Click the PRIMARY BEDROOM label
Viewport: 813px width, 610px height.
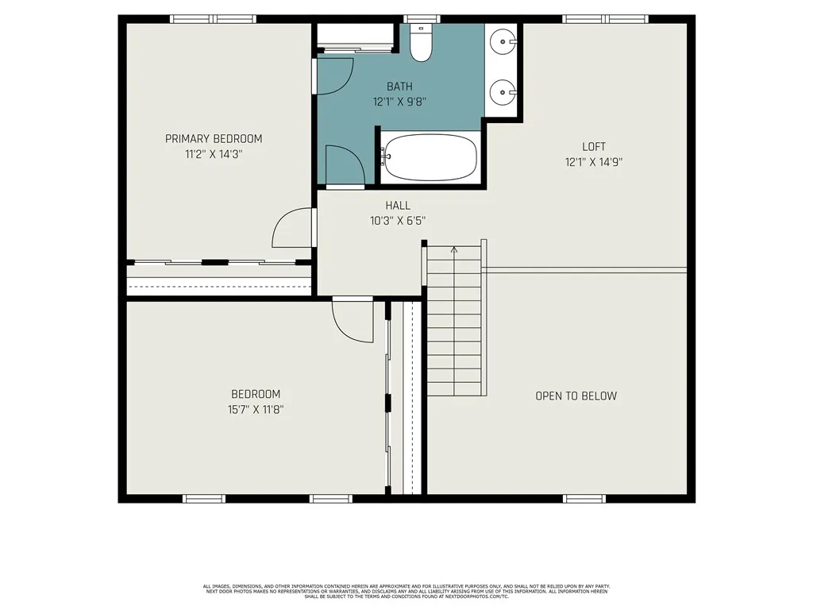pyautogui.click(x=213, y=139)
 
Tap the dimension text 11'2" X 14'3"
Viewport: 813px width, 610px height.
pyautogui.click(x=213, y=155)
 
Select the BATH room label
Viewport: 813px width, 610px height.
pyautogui.click(x=399, y=87)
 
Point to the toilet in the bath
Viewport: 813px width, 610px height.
pyautogui.click(x=421, y=44)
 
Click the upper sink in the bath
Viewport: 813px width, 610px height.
pyautogui.click(x=503, y=39)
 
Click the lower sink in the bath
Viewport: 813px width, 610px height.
pyautogui.click(x=503, y=92)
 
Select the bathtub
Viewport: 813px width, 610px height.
pyautogui.click(x=430, y=157)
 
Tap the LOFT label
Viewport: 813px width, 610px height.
pyautogui.click(x=594, y=147)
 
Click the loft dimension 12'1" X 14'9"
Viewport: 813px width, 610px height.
pyautogui.click(x=594, y=162)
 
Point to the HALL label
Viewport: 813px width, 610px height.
pyautogui.click(x=398, y=206)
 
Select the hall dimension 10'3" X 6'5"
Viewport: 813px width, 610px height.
pyautogui.click(x=398, y=221)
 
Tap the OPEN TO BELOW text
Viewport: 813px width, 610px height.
pyautogui.click(x=576, y=396)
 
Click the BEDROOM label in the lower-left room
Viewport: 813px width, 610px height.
pyautogui.click(x=256, y=395)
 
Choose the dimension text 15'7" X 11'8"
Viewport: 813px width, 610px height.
pyautogui.click(x=256, y=410)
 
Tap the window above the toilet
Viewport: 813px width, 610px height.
pyautogui.click(x=422, y=19)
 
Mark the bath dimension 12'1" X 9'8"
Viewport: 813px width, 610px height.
pyautogui.click(x=399, y=102)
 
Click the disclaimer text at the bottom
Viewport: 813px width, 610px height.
pyautogui.click(x=406, y=591)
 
